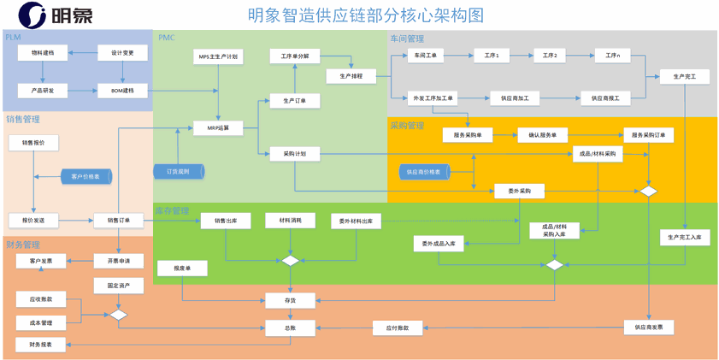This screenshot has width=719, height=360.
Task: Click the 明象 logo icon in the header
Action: click(32, 14)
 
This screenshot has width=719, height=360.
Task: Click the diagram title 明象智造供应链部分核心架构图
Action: click(365, 15)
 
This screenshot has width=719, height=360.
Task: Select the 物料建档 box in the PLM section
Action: click(43, 53)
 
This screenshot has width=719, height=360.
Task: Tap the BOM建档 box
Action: click(122, 91)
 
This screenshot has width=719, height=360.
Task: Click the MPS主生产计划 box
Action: click(219, 57)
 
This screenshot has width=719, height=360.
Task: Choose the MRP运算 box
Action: click(219, 128)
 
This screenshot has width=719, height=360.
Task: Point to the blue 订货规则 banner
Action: click(179, 172)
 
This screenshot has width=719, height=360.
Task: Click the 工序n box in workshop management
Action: click(612, 56)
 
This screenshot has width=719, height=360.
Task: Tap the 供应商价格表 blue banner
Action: click(423, 172)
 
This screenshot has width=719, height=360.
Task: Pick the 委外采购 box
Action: click(519, 191)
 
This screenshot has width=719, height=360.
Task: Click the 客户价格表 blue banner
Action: click(85, 176)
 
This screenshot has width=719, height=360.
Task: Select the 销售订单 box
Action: click(119, 220)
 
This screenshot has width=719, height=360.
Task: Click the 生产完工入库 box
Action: click(685, 238)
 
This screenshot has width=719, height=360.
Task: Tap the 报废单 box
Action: click(182, 269)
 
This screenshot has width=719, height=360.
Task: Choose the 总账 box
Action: click(290, 327)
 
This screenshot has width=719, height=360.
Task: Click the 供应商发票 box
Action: click(648, 327)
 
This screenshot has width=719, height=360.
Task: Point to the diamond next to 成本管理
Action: click(118, 316)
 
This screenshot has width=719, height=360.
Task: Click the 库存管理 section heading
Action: click(172, 210)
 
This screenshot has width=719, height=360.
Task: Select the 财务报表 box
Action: click(40, 345)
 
